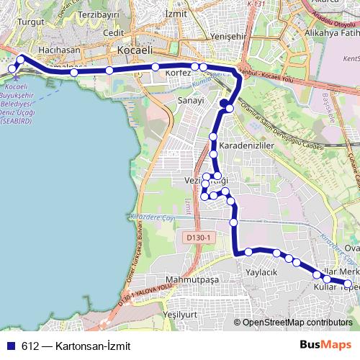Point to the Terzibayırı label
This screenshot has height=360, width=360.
coord(99,14)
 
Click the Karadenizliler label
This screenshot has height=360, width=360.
coord(248,145)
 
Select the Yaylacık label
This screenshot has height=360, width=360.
coord(262,273)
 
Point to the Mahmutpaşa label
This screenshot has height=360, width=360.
coord(191,279)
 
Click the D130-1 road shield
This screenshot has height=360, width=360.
coord(196,238)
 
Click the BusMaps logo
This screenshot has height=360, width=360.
coord(325,345)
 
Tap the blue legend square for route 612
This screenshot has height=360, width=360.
coord(11,346)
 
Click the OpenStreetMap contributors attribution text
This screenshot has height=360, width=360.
coord(297,323)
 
